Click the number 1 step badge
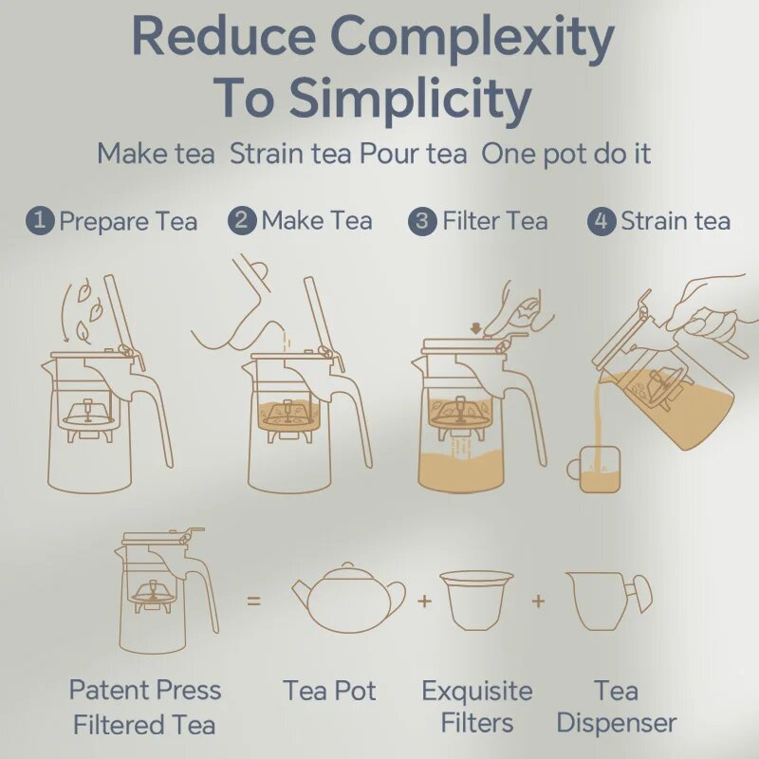[40, 221]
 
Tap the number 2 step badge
[242, 221]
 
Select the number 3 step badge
[422, 222]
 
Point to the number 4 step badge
[602, 222]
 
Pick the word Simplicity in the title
[411, 101]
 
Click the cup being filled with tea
[594, 470]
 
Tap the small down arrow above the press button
[476, 328]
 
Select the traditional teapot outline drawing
[348, 598]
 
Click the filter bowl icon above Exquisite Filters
[477, 601]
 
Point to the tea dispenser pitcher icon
[608, 601]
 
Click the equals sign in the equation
[253, 602]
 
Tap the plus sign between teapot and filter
[424, 602]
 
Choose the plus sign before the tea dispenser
[538, 602]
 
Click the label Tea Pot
[329, 691]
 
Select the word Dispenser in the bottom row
[616, 724]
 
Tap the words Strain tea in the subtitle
[290, 154]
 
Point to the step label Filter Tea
[495, 221]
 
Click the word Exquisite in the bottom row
[477, 691]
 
